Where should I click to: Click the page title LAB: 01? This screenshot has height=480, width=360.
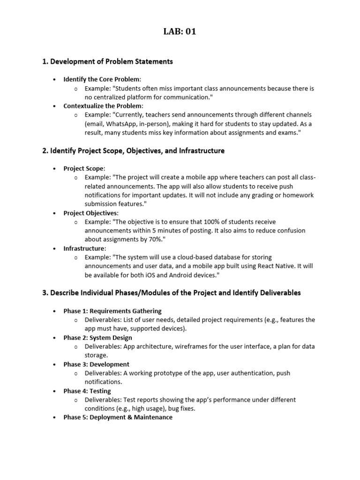tap(180, 32)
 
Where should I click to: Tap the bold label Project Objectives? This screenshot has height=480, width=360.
tap(90, 213)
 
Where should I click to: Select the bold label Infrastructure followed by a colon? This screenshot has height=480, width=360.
tap(84, 248)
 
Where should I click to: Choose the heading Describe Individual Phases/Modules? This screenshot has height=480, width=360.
tap(172, 293)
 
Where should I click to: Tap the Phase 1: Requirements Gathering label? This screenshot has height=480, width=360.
tap(112, 311)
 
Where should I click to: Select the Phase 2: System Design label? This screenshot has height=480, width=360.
tap(97, 337)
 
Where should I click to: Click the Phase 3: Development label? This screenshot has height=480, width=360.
tap(96, 364)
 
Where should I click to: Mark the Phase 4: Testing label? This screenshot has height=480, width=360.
tap(87, 391)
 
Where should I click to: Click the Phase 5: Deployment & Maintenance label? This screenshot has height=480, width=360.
tap(118, 417)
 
